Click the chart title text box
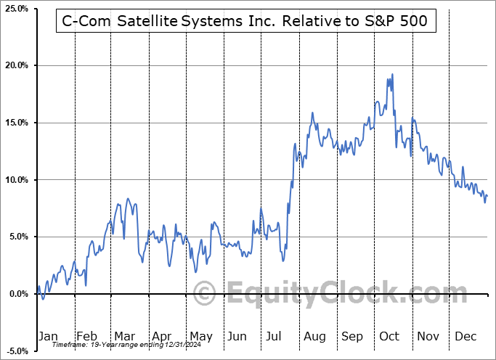point(245,22)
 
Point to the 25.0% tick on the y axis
point(16,9)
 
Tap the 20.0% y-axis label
point(16,65)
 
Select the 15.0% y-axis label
point(16,123)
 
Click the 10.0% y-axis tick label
point(16,180)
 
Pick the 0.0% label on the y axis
point(17,294)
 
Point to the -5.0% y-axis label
point(17,351)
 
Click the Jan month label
point(47,336)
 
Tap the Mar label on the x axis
point(124,336)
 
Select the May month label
point(200,336)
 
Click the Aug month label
point(314,336)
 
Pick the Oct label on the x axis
point(390,336)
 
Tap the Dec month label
point(466,336)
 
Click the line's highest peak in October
point(392,74)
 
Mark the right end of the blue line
point(487,195)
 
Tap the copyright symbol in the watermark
point(204,294)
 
